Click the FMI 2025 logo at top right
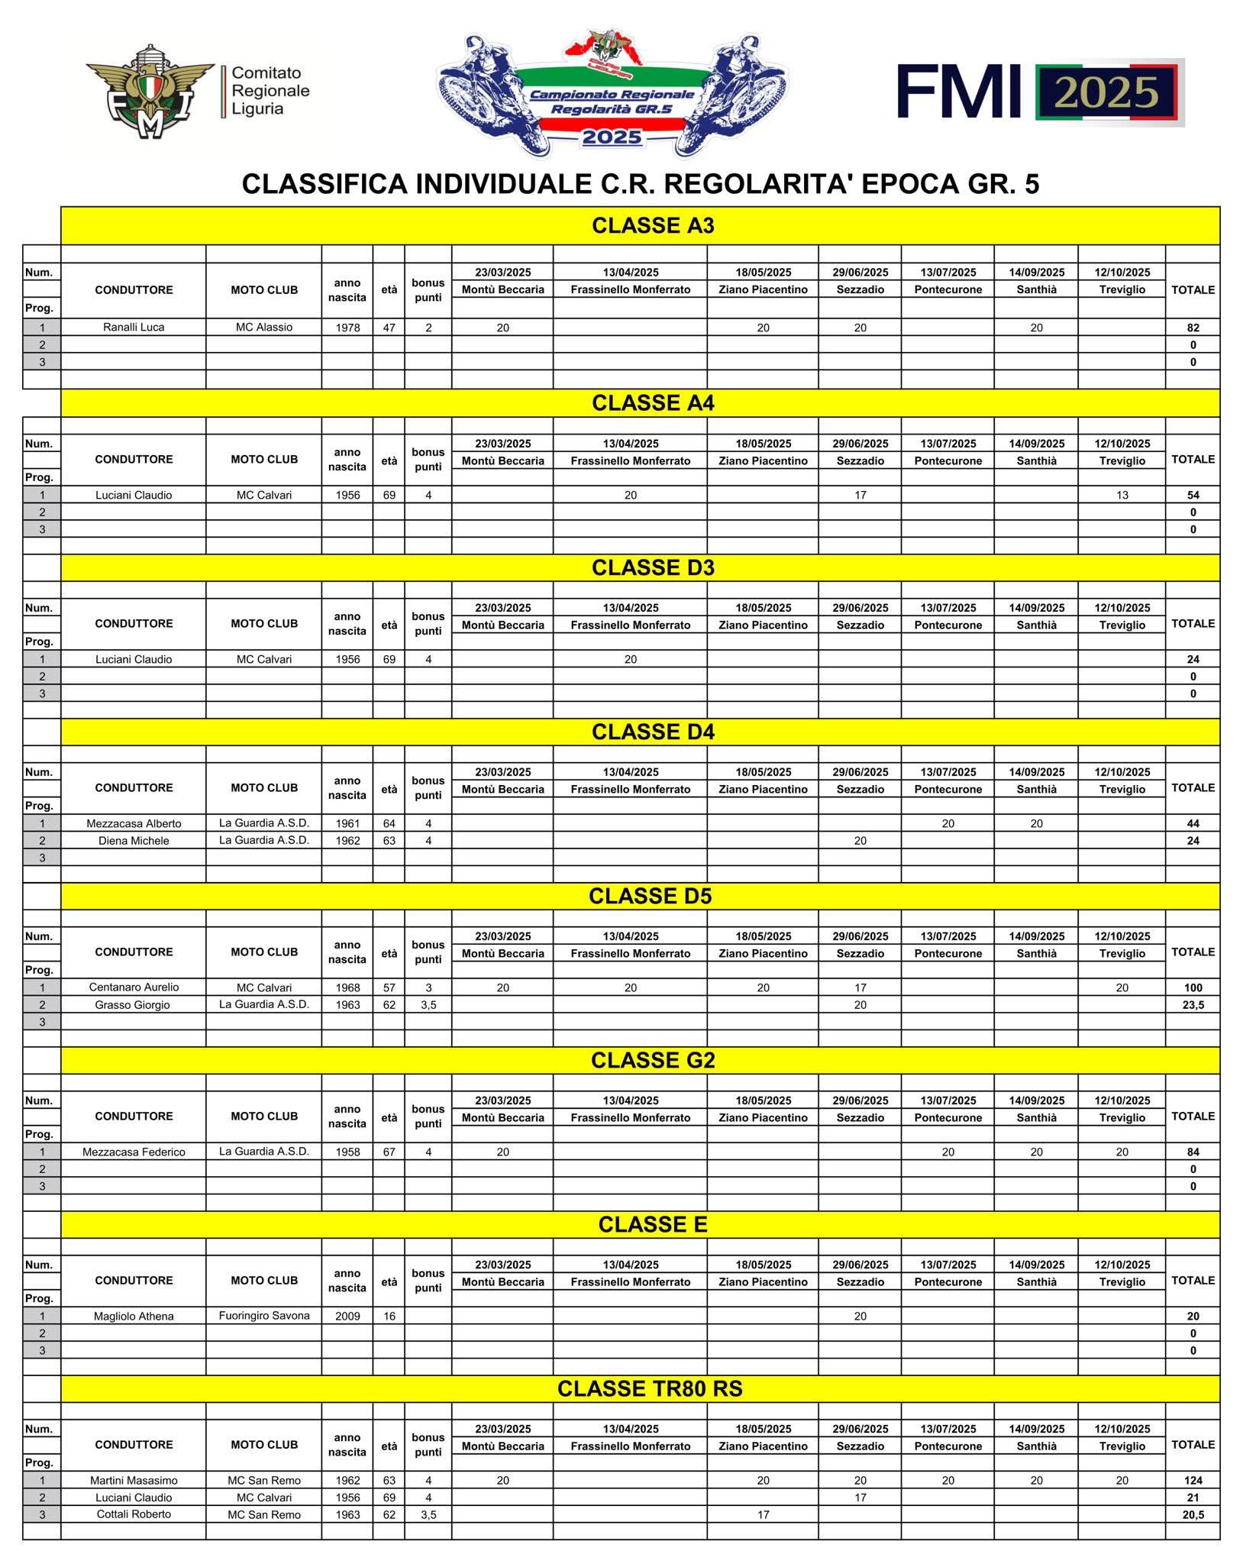point(1040,92)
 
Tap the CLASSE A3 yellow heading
point(653,226)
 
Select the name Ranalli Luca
point(134,328)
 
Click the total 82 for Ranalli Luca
point(1193,328)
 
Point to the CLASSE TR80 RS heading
point(650,1388)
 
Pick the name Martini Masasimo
point(134,1480)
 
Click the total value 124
point(1193,1481)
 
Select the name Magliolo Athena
point(134,1316)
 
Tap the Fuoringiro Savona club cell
point(264,1315)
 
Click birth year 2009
point(347,1316)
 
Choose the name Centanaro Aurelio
point(134,987)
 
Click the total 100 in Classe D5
point(1193,987)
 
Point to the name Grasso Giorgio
point(133,1005)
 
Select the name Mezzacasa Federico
point(134,1152)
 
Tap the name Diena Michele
point(134,841)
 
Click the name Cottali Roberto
point(134,1514)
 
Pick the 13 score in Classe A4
point(1122,495)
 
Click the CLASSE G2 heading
point(653,1060)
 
